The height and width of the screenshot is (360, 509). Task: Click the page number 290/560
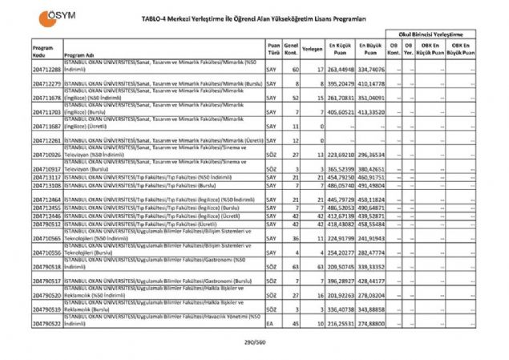tap(255, 342)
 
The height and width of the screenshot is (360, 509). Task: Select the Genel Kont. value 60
tap(296, 71)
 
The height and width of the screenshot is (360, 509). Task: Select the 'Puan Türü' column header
tap(273, 51)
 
